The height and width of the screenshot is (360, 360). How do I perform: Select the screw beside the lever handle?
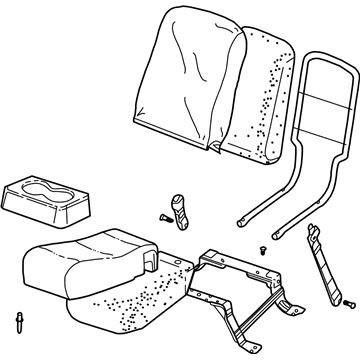(x=164, y=214)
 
